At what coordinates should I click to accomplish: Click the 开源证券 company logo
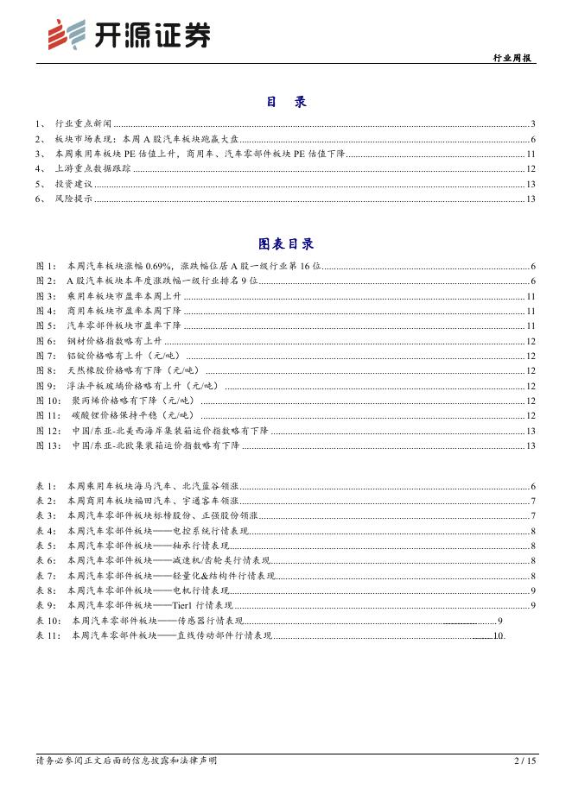(127, 35)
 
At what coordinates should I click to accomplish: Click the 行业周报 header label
(513, 57)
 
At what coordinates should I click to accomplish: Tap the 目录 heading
(286, 102)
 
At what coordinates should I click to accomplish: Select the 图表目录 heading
(286, 244)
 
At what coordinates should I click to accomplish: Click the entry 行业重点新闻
(83, 123)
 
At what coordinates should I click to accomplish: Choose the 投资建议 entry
(73, 184)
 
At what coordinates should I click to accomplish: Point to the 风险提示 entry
(73, 199)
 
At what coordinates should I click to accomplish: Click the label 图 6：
(47, 341)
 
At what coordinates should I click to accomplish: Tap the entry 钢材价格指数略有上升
(115, 341)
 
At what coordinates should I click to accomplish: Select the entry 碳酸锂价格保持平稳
(119, 415)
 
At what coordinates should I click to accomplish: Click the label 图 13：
(50, 445)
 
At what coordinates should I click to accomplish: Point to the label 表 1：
(47, 487)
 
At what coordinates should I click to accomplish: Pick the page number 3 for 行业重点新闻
(534, 123)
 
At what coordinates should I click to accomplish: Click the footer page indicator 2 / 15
(525, 761)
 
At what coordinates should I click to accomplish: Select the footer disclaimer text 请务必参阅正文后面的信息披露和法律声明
(126, 761)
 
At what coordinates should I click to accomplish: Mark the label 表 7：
(47, 576)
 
